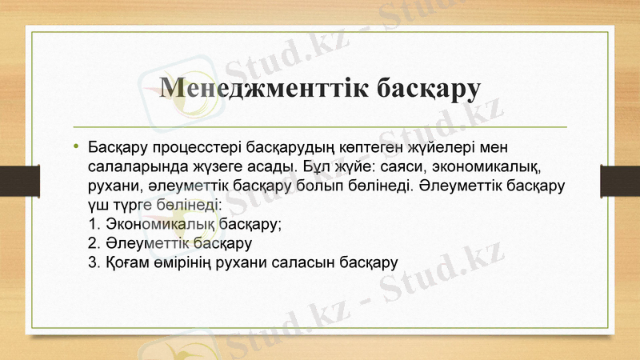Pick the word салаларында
tap(131, 168)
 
